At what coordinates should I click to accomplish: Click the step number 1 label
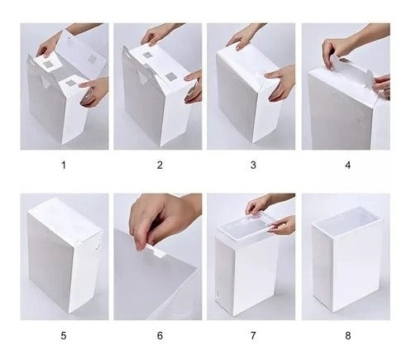click(64, 166)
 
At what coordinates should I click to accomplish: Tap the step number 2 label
click(160, 166)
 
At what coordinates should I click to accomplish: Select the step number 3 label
click(253, 166)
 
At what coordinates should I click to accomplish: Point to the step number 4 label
click(348, 166)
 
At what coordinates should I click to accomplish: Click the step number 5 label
click(64, 336)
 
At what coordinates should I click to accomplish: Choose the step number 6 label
click(160, 336)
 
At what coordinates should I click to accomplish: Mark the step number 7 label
click(253, 336)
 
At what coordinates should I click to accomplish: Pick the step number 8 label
click(348, 336)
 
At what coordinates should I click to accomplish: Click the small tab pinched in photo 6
click(157, 250)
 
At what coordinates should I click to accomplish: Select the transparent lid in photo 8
click(347, 218)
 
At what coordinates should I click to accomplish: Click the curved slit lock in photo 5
click(98, 244)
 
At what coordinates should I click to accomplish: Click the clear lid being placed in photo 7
click(246, 226)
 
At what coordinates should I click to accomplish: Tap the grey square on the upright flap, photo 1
click(92, 59)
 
